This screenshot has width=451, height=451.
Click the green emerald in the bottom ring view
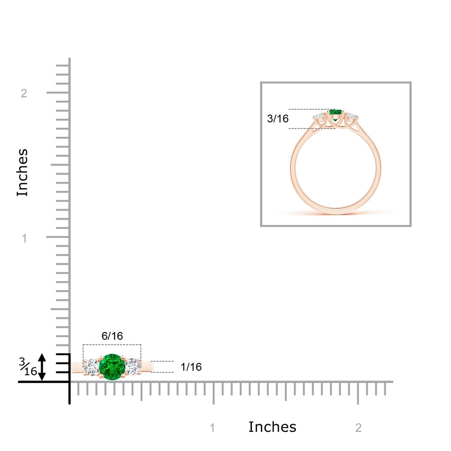tap(112, 367)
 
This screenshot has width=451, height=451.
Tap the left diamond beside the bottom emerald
tap(92, 367)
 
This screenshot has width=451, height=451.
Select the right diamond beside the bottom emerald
tap(132, 367)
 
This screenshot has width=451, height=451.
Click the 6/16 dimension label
tap(112, 336)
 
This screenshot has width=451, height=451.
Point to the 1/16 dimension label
tap(191, 367)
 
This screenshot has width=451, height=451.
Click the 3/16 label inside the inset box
tap(278, 119)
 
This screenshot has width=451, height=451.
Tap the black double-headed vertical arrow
tap(42, 367)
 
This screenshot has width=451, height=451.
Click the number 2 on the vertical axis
tap(24, 93)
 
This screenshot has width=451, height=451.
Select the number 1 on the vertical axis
tap(24, 238)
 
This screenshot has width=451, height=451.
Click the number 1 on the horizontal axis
tap(213, 427)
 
